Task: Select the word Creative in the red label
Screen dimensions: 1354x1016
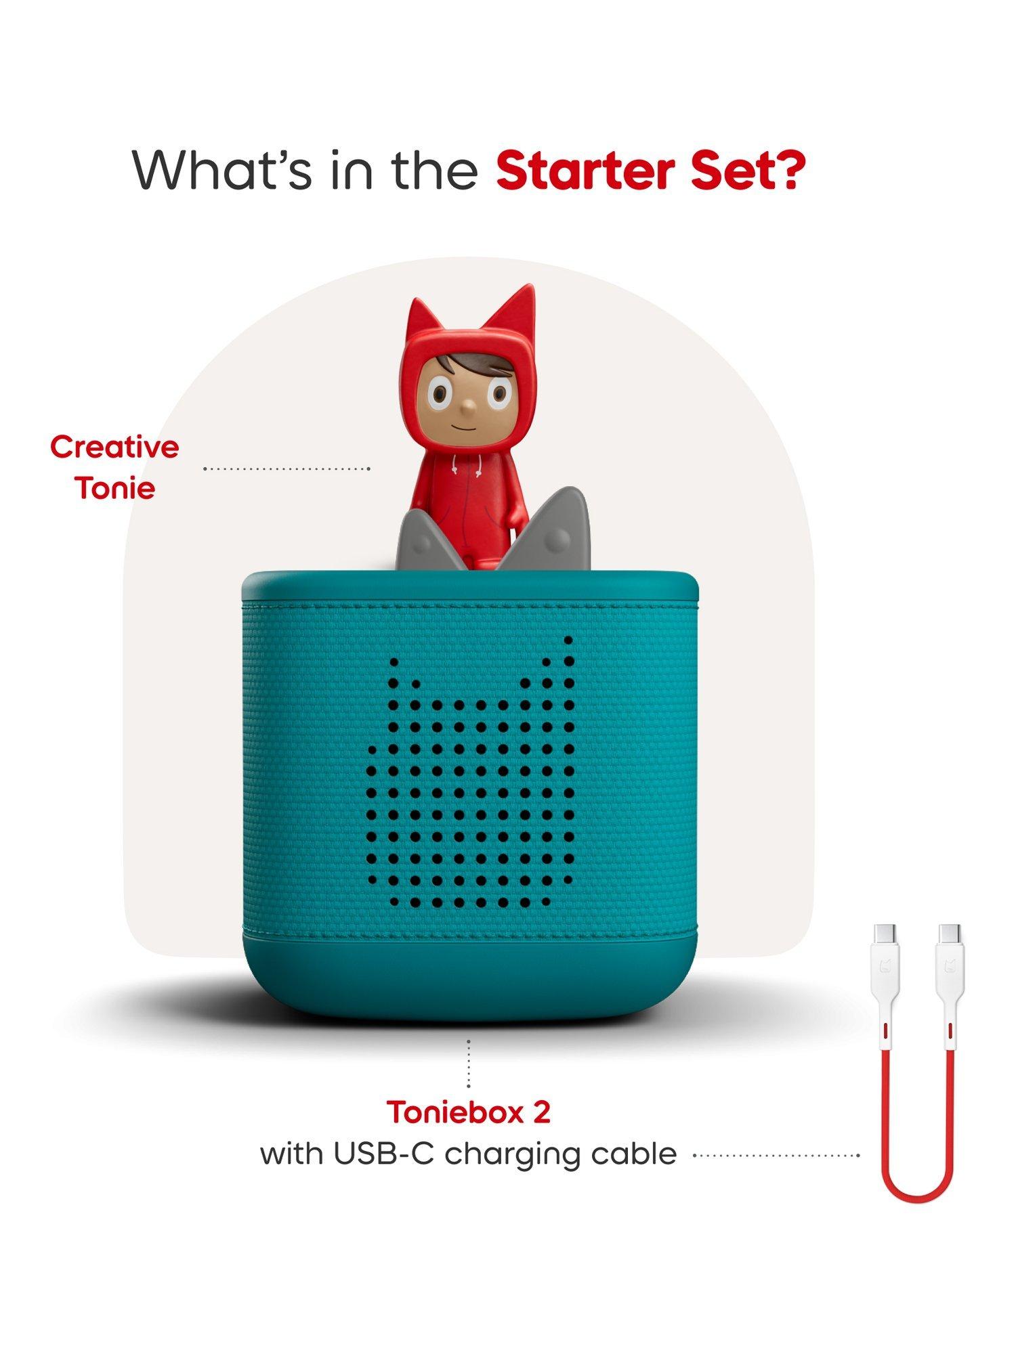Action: point(114,447)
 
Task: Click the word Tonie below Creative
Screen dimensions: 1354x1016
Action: point(115,489)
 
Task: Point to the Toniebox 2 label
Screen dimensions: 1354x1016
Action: point(468,1112)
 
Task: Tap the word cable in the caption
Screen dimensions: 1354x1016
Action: point(633,1154)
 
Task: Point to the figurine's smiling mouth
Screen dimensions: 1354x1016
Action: point(467,429)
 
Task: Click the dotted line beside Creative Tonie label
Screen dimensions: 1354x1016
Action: point(287,468)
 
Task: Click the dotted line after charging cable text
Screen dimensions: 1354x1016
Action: point(776,1155)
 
